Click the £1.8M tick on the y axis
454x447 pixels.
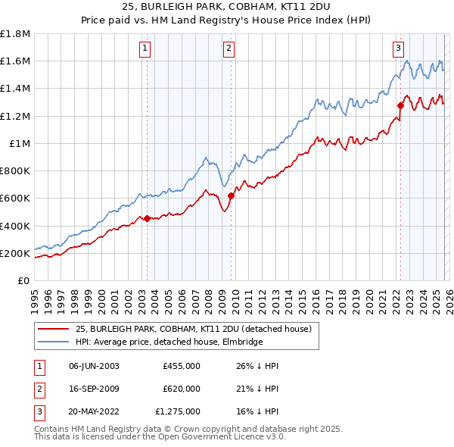(15, 34)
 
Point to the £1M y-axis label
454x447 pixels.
(20, 143)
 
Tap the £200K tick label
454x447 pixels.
(14, 253)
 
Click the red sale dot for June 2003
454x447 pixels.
(147, 218)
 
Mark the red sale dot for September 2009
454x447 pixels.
(231, 195)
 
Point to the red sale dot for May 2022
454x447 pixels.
(400, 106)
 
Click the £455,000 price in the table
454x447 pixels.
(182, 366)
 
